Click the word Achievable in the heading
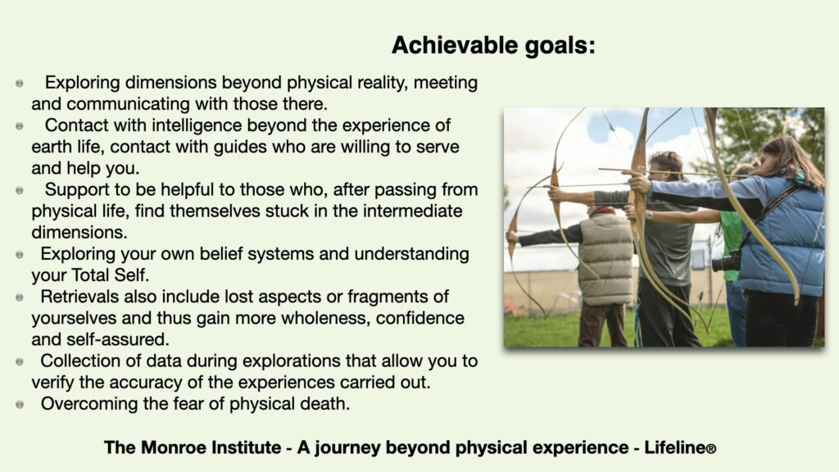click(x=455, y=45)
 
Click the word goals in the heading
click(x=556, y=46)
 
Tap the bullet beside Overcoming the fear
click(x=20, y=405)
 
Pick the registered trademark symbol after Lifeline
click(x=710, y=449)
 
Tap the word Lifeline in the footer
click(x=674, y=447)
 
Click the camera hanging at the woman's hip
click(x=726, y=261)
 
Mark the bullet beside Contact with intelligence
click(x=20, y=126)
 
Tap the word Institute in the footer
click(x=247, y=447)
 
